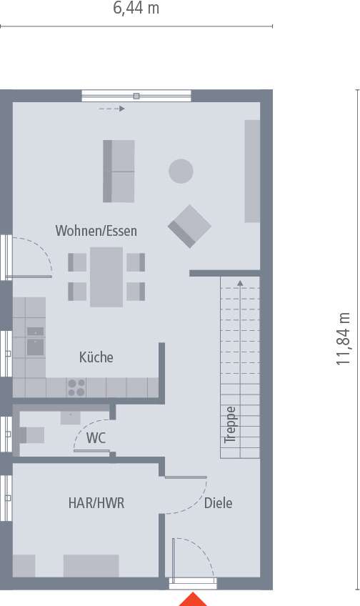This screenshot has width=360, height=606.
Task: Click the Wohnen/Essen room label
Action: tap(96, 231)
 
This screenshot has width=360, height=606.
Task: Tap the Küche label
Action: tap(96, 357)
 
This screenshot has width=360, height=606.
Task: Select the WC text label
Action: tap(96, 438)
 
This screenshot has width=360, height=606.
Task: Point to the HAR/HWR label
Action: tap(96, 503)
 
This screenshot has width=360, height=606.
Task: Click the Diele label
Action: tap(218, 503)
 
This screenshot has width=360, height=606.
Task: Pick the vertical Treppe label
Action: tap(230, 425)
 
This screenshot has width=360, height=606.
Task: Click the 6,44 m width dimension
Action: tap(136, 9)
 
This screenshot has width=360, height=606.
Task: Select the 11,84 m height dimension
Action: tap(344, 339)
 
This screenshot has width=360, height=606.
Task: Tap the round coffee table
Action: tap(181, 170)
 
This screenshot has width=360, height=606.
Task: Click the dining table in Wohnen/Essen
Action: tap(106, 277)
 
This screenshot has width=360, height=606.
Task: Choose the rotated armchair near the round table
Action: tap(189, 226)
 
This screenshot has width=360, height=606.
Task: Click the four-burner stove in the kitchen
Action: tap(76, 387)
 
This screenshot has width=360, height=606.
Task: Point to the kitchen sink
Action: tap(34, 347)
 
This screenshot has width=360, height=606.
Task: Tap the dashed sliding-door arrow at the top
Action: tap(111, 109)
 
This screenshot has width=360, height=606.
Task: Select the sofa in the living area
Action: tap(119, 171)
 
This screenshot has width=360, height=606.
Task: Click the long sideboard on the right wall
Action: tap(252, 171)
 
